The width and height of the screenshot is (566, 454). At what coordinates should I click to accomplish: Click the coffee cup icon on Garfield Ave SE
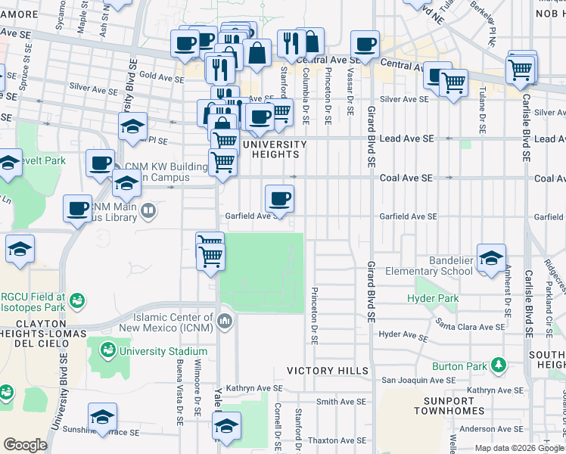[x=279, y=199]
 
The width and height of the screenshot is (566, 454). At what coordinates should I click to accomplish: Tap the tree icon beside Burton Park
[x=498, y=366]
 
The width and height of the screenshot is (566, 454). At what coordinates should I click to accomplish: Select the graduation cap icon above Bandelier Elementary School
[x=491, y=257]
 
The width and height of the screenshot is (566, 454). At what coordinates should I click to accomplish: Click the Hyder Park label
[x=433, y=299]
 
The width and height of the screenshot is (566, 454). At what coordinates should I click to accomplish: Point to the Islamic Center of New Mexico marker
[x=224, y=322]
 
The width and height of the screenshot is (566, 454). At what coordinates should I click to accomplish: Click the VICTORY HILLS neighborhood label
[x=327, y=371]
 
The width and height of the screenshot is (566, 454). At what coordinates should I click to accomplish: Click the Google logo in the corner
[x=25, y=445]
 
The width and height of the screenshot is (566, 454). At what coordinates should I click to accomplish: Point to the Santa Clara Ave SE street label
[x=469, y=326]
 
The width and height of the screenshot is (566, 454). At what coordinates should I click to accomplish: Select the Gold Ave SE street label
[x=157, y=76]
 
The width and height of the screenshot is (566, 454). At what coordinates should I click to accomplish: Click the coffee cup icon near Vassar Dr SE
[x=365, y=44]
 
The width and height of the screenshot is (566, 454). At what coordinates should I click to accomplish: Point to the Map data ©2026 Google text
[x=519, y=448]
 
